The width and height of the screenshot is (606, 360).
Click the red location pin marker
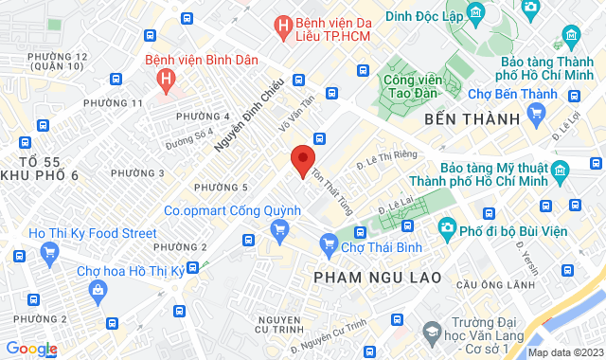coord(302,159)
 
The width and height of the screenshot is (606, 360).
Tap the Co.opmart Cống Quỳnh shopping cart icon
coord(279,229)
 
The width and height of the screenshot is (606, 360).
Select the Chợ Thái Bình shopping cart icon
coord(329,243)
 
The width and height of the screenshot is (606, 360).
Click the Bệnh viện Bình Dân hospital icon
coord(168,78)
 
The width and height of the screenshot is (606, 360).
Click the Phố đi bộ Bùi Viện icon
coord(446,226)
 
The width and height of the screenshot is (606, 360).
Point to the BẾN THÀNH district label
coord(472,118)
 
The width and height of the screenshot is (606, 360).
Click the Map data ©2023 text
coord(564,352)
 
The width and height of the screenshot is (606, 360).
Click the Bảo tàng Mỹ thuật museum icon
coord(559,171)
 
